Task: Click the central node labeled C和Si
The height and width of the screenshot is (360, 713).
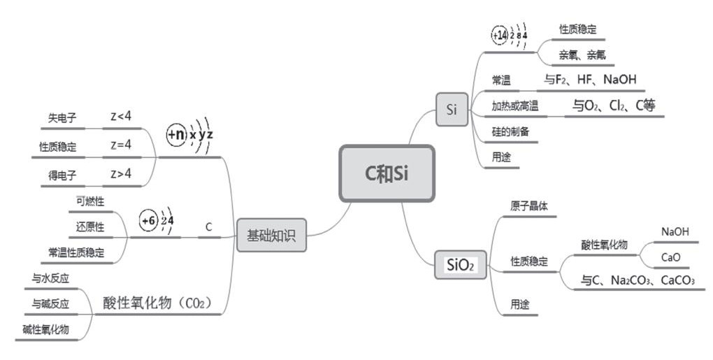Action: pos(387,173)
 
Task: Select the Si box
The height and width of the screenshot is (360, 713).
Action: pos(452,109)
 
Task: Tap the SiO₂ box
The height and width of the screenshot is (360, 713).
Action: pos(460,264)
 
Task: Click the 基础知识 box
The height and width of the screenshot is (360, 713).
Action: pos(271,235)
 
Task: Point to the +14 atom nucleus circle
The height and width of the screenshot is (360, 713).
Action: pos(500,36)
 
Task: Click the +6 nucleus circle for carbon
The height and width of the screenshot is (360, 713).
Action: pos(149,221)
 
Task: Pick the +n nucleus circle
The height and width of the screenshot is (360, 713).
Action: pos(176,134)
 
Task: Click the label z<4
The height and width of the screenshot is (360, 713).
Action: pos(121,116)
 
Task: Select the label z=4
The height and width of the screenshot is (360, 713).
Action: pos(121,145)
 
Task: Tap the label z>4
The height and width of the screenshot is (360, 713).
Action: pos(121,173)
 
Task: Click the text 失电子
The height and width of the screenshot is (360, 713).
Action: pos(62,118)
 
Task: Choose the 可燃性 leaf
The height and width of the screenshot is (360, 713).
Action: pos(90,201)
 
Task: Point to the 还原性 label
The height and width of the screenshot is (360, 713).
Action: pos(90,226)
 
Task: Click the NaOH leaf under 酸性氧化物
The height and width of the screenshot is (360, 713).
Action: pos(675,232)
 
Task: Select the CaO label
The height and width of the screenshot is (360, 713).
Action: pos(671,258)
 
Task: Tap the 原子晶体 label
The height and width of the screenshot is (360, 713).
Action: pos(529,206)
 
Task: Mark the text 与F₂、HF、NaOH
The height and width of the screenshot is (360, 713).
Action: pos(590,80)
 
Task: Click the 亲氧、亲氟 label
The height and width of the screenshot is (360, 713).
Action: pos(582,55)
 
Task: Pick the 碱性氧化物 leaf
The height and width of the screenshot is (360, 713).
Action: pos(46,329)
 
